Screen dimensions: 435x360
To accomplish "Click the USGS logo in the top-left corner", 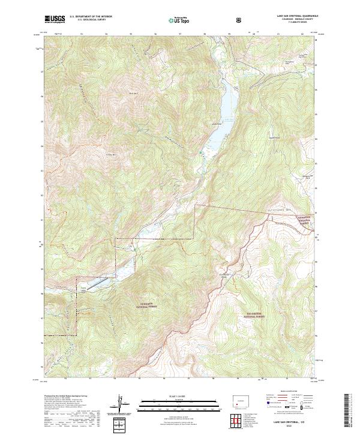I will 55,19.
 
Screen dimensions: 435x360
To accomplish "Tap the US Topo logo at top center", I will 179,20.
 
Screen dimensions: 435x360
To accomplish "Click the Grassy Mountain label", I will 111,155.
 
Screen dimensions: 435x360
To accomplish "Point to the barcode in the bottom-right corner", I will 352,411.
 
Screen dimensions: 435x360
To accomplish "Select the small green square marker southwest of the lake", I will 201,155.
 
